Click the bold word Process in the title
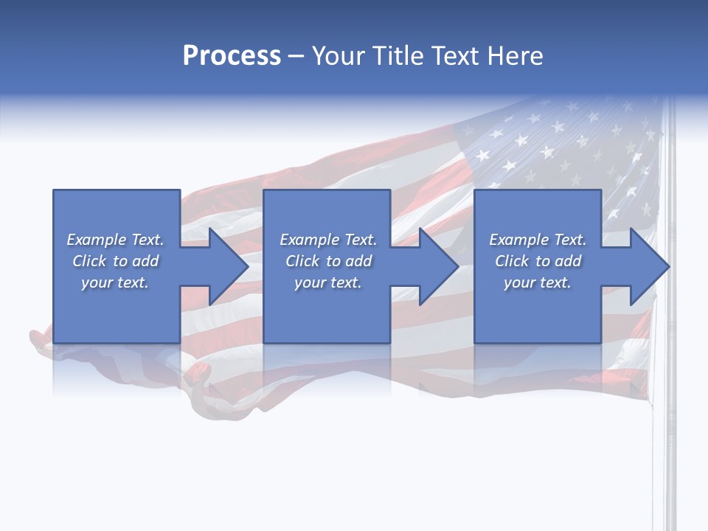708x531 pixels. pos(232,56)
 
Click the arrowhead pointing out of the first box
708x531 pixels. pos(226,266)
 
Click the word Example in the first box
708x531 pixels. pos(96,240)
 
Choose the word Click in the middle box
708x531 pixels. pos(302,261)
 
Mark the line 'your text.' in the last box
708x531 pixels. pos(537,282)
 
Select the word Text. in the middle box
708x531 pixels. pos(360,240)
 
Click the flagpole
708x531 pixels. pos(670,413)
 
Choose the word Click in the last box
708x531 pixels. pos(512,261)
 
